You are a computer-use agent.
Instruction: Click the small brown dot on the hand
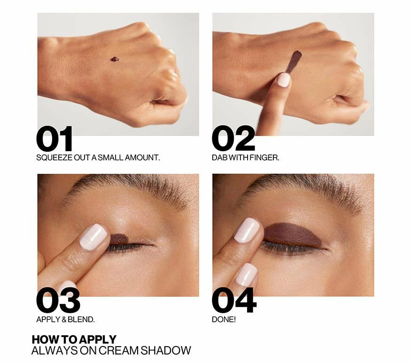click(115, 59)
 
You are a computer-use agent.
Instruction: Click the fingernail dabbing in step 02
click(284, 80)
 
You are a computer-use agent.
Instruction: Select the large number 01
click(54, 139)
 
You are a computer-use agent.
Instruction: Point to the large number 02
click(233, 139)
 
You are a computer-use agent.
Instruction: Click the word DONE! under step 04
click(224, 320)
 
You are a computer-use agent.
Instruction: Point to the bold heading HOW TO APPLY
click(74, 340)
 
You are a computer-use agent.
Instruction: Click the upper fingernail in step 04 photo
click(247, 230)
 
